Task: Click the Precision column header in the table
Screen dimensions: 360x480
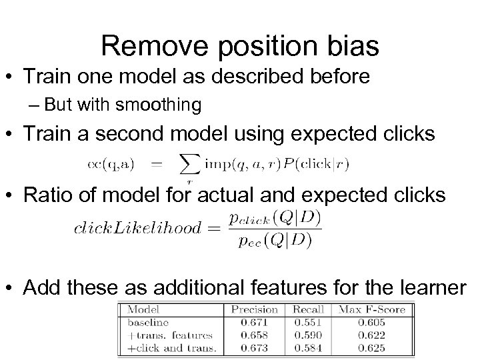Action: (x=254, y=309)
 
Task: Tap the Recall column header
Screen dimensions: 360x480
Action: (x=307, y=309)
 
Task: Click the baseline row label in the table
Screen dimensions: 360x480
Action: (x=144, y=322)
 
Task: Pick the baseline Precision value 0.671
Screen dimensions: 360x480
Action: (x=254, y=322)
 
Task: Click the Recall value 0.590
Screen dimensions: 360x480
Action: (x=307, y=335)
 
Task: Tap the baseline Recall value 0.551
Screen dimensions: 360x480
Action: (x=307, y=322)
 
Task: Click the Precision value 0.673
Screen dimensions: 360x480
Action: (x=254, y=347)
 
